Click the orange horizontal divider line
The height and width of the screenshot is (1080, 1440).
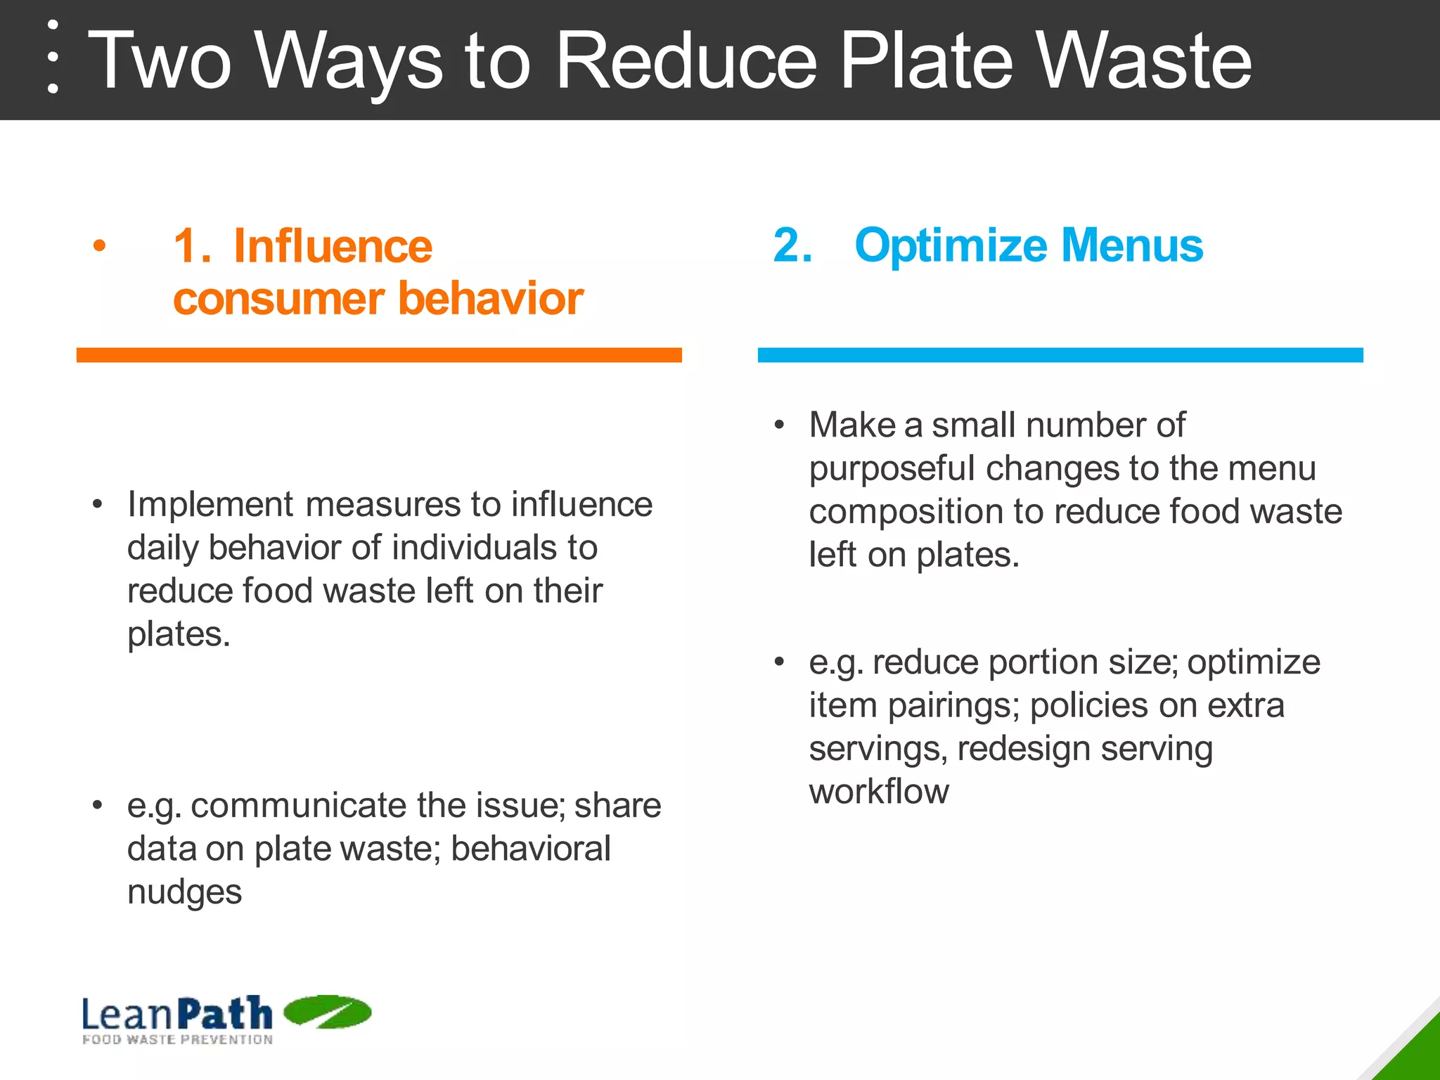coord(379,355)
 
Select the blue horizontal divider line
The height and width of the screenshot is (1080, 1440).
coord(1060,355)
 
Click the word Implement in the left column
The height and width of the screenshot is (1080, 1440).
coord(210,505)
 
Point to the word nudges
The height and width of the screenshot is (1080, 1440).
coord(184,892)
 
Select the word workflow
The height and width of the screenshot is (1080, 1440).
coord(879,792)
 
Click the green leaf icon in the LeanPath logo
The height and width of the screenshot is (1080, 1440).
coord(327,1012)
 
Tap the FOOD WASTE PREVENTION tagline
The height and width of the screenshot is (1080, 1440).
coord(177,1039)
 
